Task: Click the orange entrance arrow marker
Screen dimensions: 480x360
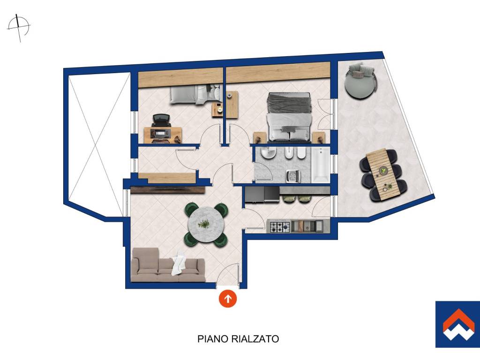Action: pyautogui.click(x=227, y=298)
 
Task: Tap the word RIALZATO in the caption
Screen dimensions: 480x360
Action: pyautogui.click(x=255, y=339)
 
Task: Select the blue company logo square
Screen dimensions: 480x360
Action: pyautogui.click(x=457, y=324)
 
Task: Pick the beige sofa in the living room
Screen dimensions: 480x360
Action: pyautogui.click(x=168, y=265)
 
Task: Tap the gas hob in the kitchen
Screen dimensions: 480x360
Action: pyautogui.click(x=278, y=226)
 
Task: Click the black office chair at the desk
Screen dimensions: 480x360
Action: pyautogui.click(x=160, y=121)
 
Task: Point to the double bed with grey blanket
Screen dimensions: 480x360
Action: pyautogui.click(x=290, y=118)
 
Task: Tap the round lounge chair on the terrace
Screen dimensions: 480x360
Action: pyautogui.click(x=360, y=81)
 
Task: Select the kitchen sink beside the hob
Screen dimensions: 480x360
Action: pyautogui.click(x=307, y=226)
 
